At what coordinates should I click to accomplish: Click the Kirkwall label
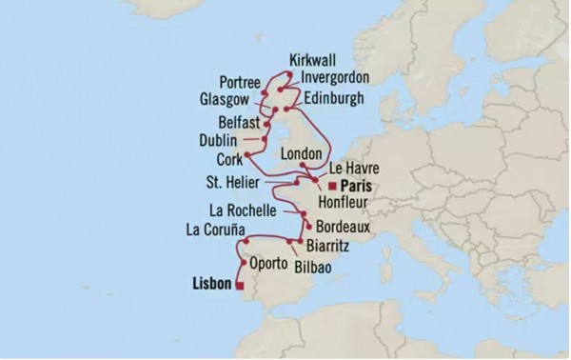(320, 59)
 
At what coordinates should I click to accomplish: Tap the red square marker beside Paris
(332, 187)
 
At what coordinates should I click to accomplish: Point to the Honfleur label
(357, 204)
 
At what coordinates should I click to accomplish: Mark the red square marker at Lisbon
(240, 285)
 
